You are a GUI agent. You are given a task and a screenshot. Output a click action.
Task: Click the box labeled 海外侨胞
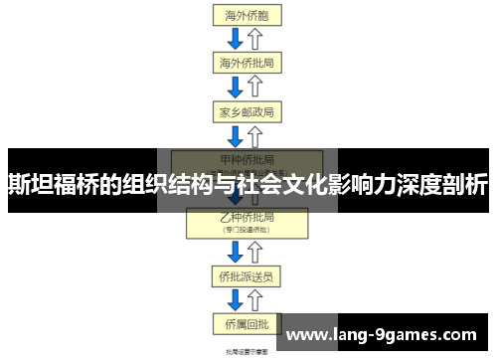tap(247, 16)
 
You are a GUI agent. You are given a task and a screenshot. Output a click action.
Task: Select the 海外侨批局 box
tap(247, 63)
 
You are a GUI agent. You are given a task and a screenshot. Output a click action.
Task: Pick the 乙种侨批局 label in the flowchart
tap(247, 216)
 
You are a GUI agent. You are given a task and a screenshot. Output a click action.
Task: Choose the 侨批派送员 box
tap(247, 275)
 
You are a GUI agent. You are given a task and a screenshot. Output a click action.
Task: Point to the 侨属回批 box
tap(247, 322)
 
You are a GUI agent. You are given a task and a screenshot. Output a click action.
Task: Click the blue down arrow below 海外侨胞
tap(236, 39)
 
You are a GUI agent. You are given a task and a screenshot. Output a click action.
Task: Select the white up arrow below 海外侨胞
tap(256, 39)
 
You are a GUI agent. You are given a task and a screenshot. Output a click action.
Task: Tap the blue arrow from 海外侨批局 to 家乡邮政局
tap(236, 87)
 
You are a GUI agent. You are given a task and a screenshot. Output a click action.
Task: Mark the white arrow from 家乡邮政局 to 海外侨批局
tap(256, 87)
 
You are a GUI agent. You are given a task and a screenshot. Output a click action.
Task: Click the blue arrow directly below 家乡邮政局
tap(236, 134)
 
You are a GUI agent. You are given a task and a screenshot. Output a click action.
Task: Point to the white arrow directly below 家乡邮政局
tap(256, 134)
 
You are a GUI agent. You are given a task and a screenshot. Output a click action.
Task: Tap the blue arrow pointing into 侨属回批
tap(236, 299)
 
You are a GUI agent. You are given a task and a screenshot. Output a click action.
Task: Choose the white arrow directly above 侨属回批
tap(256, 299)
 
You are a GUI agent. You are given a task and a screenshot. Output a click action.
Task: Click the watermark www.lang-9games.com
tap(389, 335)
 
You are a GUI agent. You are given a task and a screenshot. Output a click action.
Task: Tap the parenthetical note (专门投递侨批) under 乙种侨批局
tap(247, 229)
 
